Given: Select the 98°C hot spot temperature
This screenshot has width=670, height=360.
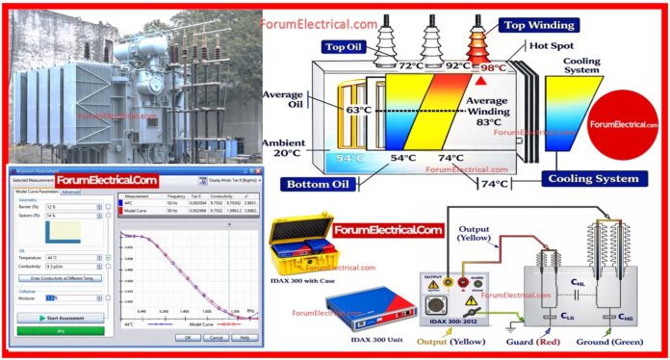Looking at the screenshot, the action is click(492, 68).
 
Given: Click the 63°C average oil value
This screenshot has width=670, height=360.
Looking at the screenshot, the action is click(359, 111).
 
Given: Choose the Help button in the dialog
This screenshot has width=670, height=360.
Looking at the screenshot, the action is click(245, 338).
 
